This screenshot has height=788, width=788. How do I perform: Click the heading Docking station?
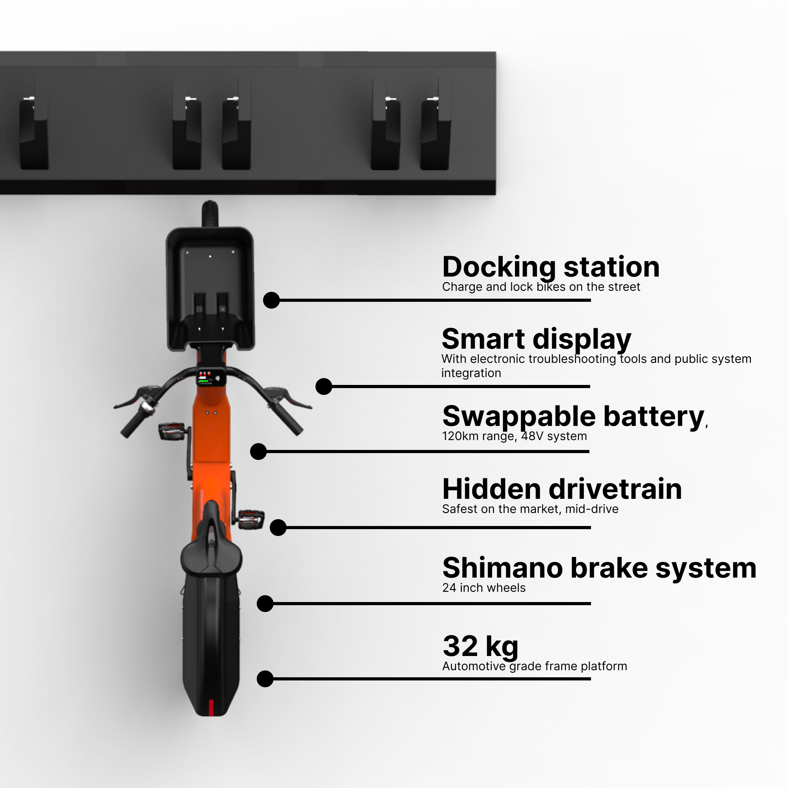tap(551, 267)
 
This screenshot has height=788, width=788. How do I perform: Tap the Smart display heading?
tap(536, 339)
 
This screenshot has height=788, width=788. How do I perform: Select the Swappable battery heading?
tap(573, 416)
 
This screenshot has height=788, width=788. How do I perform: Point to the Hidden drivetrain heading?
tap(561, 489)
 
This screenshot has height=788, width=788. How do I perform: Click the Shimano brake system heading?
tap(599, 568)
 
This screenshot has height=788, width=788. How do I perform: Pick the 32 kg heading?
tap(480, 646)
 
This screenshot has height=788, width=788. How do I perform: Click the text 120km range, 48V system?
tap(514, 437)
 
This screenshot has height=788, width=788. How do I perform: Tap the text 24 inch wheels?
tap(484, 588)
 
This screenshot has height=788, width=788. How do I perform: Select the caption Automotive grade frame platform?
tap(534, 666)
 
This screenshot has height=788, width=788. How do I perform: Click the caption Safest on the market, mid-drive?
tap(530, 509)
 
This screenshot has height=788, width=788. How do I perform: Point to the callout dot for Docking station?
tap(271, 300)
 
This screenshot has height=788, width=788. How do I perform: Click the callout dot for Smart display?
tap(324, 386)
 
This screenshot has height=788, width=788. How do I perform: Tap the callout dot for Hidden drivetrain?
tap(278, 528)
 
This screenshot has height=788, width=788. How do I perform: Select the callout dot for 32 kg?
tap(265, 679)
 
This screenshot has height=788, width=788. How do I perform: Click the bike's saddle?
tap(211, 555)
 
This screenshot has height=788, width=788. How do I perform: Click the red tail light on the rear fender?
tap(211, 708)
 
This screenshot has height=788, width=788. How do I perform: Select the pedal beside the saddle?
tap(251, 520)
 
